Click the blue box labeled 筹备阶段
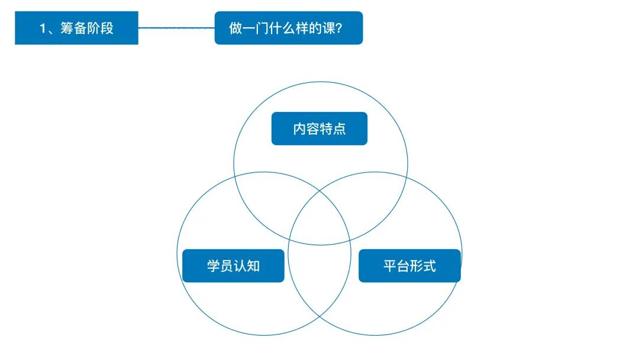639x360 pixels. pyautogui.click(x=76, y=28)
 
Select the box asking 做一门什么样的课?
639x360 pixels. pyautogui.click(x=288, y=28)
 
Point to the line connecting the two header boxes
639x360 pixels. pyautogui.click(x=176, y=28)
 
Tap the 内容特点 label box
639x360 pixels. pyautogui.click(x=319, y=128)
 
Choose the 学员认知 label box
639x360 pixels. pyautogui.click(x=233, y=266)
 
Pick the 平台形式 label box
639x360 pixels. pyautogui.click(x=409, y=266)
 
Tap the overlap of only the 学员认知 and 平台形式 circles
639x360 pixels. pyautogui.click(x=319, y=278)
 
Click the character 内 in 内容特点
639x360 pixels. pyautogui.click(x=299, y=129)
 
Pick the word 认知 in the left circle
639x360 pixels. pyautogui.click(x=247, y=266)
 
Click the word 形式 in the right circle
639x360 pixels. pyautogui.click(x=423, y=266)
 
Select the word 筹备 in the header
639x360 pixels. pyautogui.click(x=73, y=28)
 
